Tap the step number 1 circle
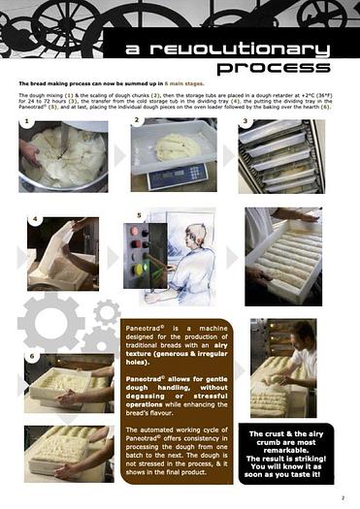pos(25,124)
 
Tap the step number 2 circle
pos(139,121)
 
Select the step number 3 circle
pos(246,123)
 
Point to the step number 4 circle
pos(36,221)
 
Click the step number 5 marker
pos(140,214)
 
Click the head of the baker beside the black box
pos(300,337)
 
